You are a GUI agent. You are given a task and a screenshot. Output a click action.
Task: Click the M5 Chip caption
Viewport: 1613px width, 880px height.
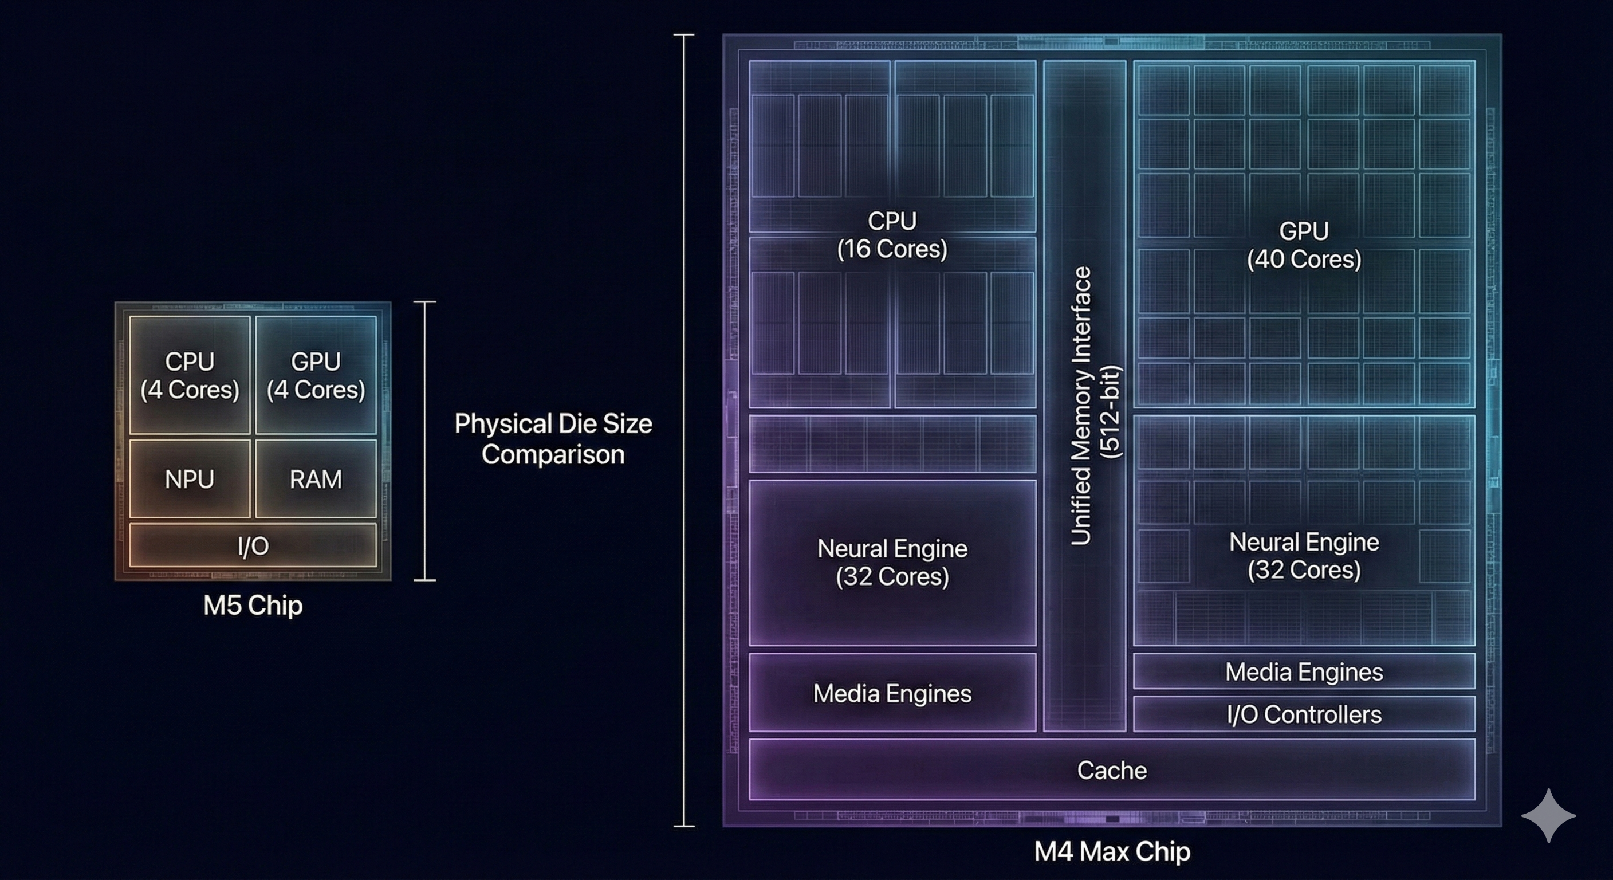pos(253,605)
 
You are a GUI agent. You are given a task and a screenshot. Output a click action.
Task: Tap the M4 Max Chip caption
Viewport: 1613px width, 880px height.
pos(1112,851)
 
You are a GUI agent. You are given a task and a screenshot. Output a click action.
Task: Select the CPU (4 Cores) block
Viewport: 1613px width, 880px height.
pos(190,375)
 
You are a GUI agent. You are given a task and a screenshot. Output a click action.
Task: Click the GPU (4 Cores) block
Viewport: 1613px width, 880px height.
pos(316,375)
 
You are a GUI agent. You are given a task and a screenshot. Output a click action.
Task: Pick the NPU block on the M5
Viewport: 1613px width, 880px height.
pos(190,479)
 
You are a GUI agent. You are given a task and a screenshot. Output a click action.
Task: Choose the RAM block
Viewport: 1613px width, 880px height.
pos(316,479)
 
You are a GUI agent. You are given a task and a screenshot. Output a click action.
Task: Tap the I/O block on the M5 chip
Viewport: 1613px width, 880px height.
pos(253,545)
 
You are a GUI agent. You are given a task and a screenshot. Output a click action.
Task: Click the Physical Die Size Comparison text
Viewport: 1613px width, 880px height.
pos(553,438)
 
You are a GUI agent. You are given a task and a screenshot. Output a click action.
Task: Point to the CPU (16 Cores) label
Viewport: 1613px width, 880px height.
pos(892,235)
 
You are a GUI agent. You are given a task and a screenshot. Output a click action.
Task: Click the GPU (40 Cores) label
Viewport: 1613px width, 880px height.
pos(1304,245)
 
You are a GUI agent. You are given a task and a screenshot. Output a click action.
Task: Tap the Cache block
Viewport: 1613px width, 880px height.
pos(1112,770)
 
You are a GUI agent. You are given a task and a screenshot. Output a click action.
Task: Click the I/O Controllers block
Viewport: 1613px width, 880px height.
pos(1304,714)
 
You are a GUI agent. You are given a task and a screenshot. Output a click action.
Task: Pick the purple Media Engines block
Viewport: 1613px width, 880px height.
pos(892,693)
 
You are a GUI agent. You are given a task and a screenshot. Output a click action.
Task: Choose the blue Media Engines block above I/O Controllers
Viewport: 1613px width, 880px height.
pos(1304,671)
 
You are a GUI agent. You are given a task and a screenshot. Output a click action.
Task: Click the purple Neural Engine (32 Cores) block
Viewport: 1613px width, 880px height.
pos(892,563)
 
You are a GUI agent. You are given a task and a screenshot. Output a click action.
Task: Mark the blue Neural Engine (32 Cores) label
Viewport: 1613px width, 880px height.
pos(1304,556)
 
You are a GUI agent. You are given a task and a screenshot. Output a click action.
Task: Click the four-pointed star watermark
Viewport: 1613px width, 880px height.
pos(1548,815)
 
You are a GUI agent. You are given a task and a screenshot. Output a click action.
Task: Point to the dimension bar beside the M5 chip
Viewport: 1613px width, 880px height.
pos(424,441)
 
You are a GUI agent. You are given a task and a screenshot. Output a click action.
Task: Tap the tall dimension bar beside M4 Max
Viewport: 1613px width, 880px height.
pos(684,430)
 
